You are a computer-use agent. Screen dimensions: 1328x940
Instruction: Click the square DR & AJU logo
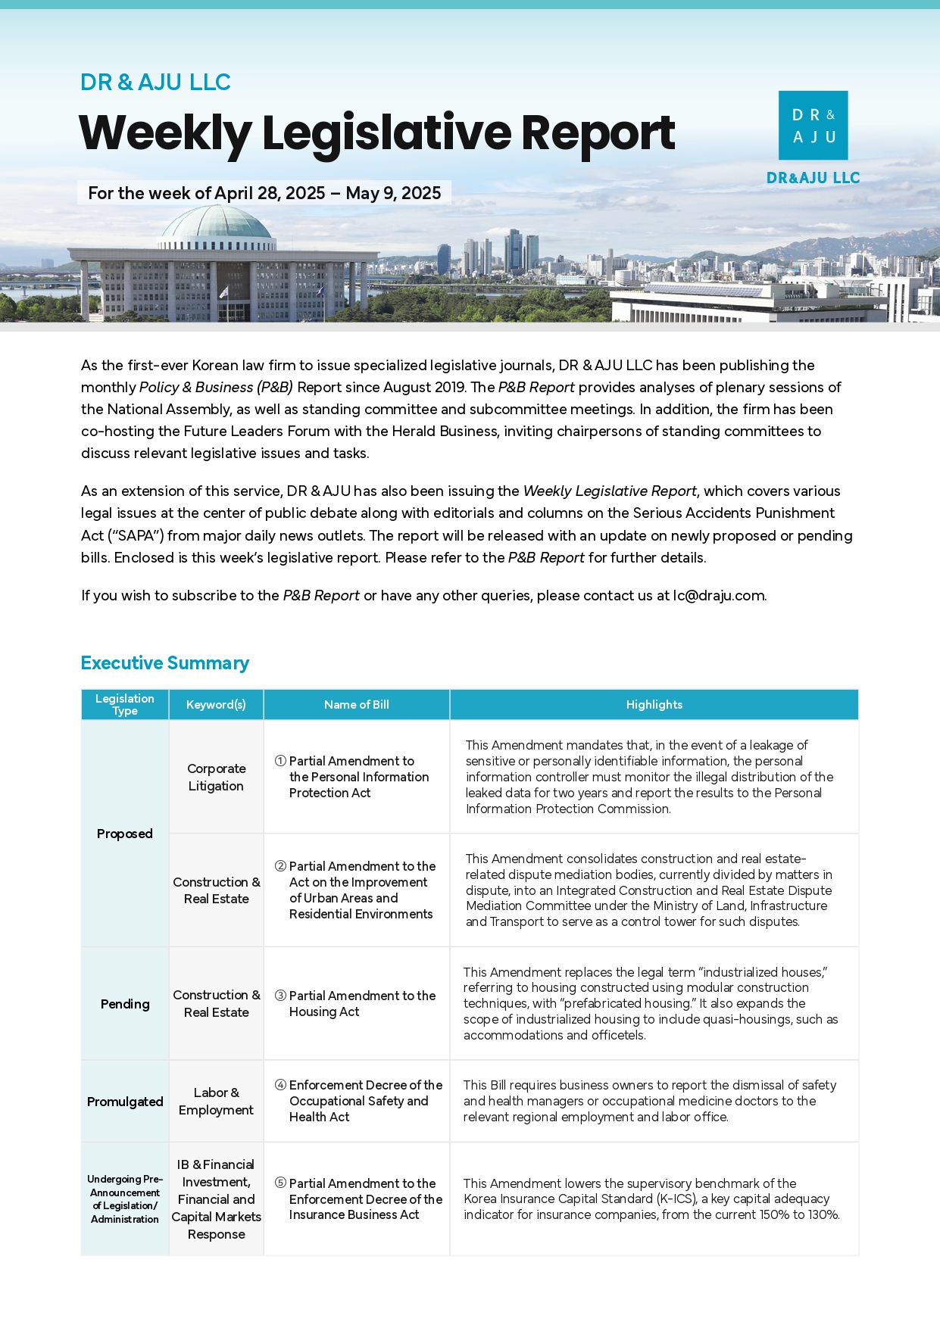pyautogui.click(x=813, y=126)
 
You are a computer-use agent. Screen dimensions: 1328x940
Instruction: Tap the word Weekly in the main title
pyautogui.click(x=164, y=133)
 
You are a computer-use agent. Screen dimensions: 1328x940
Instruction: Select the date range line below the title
pyautogui.click(x=264, y=193)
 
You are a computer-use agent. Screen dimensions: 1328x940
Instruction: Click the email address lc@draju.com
pyautogui.click(x=719, y=596)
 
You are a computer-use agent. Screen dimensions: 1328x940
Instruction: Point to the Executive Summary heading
pyautogui.click(x=164, y=663)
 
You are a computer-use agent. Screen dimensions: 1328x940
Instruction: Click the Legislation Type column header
pyautogui.click(x=125, y=704)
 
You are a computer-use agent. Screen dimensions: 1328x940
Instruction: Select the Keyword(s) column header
pyautogui.click(x=216, y=705)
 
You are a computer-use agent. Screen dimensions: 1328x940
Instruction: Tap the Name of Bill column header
pyautogui.click(x=356, y=705)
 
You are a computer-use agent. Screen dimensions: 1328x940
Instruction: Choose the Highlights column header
pyautogui.click(x=654, y=705)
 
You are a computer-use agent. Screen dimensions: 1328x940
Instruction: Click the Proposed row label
pyautogui.click(x=125, y=834)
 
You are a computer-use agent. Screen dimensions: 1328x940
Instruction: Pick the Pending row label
pyautogui.click(x=125, y=1004)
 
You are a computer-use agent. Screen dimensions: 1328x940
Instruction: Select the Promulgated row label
pyautogui.click(x=125, y=1102)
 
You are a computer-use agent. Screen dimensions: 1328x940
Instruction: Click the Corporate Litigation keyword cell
pyautogui.click(x=216, y=778)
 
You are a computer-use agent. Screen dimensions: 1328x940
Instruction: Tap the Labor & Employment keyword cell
pyautogui.click(x=216, y=1102)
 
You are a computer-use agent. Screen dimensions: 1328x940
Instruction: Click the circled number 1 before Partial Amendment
pyautogui.click(x=280, y=761)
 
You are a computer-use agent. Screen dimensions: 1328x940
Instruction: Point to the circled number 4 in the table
pyautogui.click(x=280, y=1085)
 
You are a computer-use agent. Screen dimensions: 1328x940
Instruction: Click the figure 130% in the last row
pyautogui.click(x=822, y=1214)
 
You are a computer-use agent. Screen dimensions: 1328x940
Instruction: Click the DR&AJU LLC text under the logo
pyautogui.click(x=813, y=178)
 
